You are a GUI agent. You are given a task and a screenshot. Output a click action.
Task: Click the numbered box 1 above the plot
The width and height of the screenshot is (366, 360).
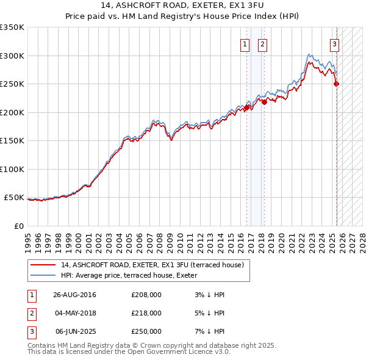[x=245, y=44]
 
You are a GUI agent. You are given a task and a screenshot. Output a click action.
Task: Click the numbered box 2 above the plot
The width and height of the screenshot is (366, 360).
[x=262, y=44]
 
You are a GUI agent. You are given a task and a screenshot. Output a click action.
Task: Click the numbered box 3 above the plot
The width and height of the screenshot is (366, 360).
[x=335, y=44]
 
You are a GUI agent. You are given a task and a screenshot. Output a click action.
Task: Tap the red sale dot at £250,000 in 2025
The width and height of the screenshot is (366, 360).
[x=337, y=84]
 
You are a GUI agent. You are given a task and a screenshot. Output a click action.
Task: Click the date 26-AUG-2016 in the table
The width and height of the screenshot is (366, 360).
[x=75, y=295]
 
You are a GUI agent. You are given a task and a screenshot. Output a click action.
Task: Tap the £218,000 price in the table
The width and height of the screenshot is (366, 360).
[x=146, y=313]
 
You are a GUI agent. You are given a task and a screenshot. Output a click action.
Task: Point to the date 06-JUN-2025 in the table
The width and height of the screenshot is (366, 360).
[x=75, y=331]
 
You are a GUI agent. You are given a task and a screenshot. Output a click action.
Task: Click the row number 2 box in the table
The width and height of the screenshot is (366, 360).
[x=31, y=313]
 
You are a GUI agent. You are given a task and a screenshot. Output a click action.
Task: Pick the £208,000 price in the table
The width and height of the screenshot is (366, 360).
[x=146, y=295]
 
